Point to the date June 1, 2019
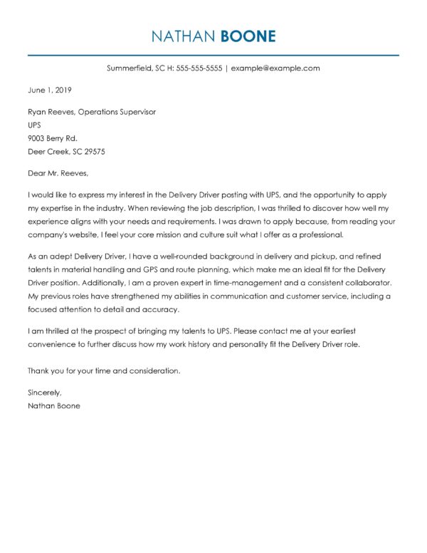tap(49, 91)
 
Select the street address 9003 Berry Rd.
tap(52, 138)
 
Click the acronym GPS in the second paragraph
tap(181, 269)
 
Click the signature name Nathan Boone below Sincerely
tap(53, 405)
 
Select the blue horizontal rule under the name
tap(213, 54)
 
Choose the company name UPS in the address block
tap(35, 125)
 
